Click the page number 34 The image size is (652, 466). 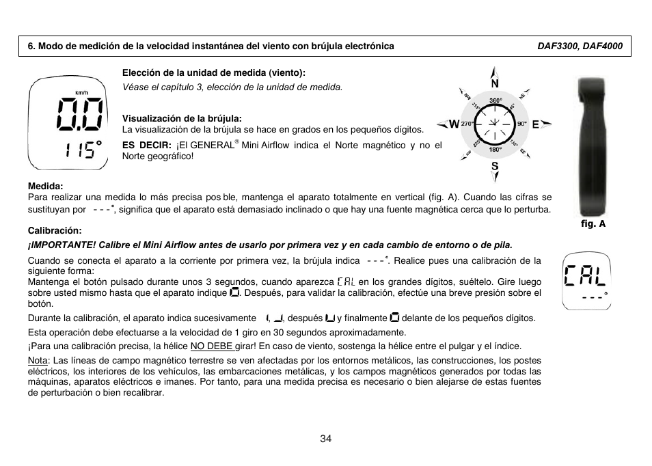coord(325,439)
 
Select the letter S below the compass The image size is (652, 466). coord(495,166)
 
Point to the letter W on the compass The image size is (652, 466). coord(454,124)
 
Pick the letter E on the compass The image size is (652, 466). coord(536,124)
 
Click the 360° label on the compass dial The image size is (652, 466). coord(495,101)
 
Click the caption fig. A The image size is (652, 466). coord(594,223)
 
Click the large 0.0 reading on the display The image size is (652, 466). coord(81,113)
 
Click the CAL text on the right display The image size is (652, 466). coord(585,277)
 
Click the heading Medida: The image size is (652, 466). coord(45,186)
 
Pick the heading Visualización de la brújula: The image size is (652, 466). coord(182,118)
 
